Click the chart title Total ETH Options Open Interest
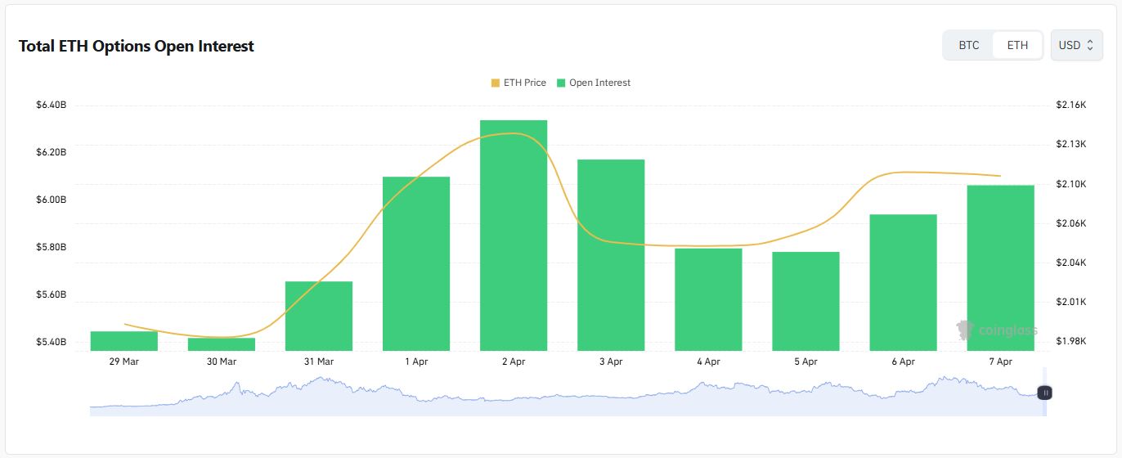click(136, 47)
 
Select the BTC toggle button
click(968, 45)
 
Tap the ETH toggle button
click(1017, 45)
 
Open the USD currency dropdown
click(1075, 45)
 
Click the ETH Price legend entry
click(518, 83)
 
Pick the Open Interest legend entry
click(594, 83)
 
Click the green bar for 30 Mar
click(222, 344)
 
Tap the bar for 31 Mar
click(319, 316)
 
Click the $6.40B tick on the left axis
click(52, 105)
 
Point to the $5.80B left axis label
click(52, 247)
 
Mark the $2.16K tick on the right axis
click(1070, 105)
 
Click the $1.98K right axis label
click(1070, 341)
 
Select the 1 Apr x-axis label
click(416, 361)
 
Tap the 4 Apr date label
click(708, 361)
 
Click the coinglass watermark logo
click(997, 330)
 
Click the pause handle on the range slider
click(1045, 393)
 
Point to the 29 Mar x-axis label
click(124, 361)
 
